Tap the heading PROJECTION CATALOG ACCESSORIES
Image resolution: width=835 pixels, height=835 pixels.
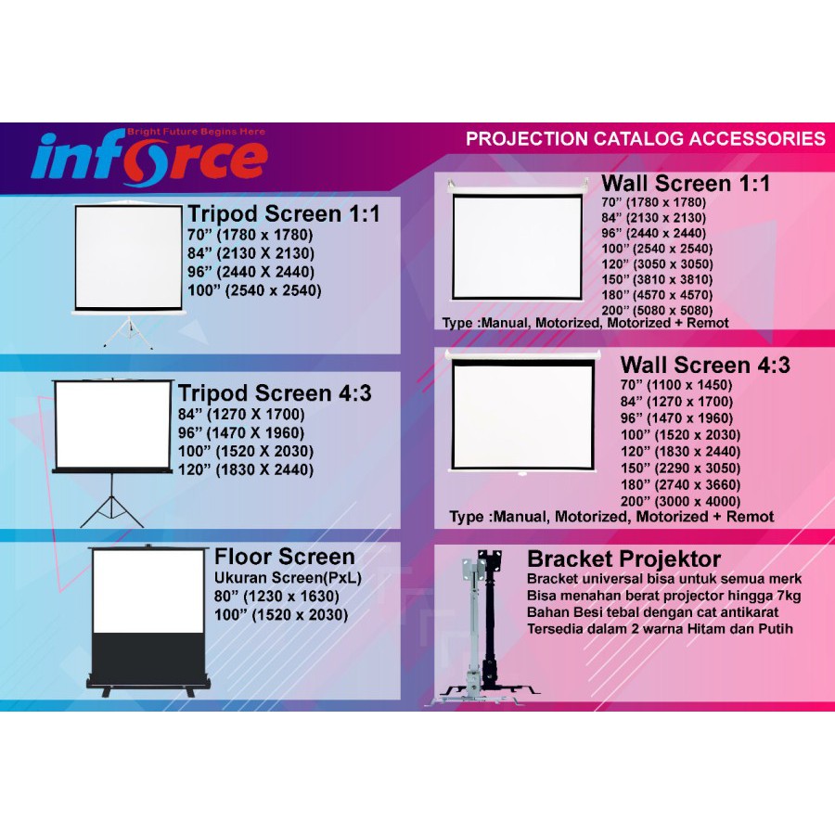click(645, 139)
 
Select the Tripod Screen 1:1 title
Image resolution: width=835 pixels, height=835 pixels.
click(284, 214)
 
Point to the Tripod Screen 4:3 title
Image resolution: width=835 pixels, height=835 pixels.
click(275, 392)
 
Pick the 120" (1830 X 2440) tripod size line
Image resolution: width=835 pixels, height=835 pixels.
click(246, 470)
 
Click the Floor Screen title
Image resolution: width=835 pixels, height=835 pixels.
click(285, 557)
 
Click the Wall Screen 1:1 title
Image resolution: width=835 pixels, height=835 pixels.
click(686, 184)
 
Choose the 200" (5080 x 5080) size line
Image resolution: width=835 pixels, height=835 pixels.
click(658, 310)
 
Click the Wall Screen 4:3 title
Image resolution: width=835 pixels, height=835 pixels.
click(705, 365)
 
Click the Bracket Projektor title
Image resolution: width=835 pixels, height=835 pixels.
click(623, 559)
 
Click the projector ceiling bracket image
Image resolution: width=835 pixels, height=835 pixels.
click(482, 631)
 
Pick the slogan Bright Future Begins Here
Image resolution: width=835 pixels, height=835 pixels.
click(196, 132)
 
